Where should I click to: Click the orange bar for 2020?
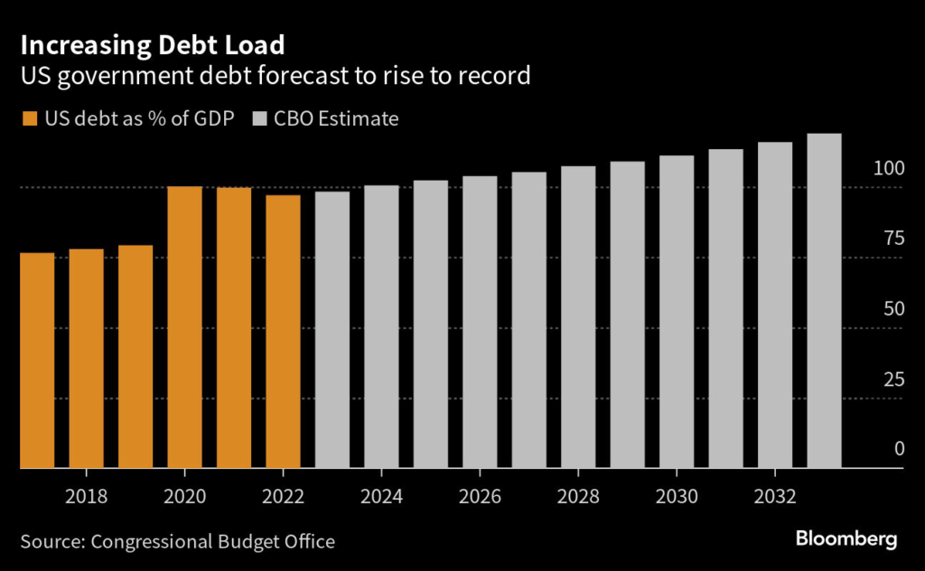tap(184, 327)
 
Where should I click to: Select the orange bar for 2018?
tap(86, 359)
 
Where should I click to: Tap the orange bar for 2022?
tap(283, 332)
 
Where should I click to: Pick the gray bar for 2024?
tap(381, 326)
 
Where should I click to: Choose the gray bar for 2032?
tap(774, 304)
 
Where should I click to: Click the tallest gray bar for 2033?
tap(824, 301)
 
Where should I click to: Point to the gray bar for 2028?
tap(578, 317)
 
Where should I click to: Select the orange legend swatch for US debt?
tap(30, 118)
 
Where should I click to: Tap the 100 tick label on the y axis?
tap(889, 169)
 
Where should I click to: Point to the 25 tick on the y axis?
tap(893, 379)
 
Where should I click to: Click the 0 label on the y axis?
tap(899, 449)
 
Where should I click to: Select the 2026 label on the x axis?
tap(480, 496)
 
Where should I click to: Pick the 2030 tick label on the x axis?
tap(677, 496)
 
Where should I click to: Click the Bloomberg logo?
tap(846, 539)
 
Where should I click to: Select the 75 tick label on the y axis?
tap(893, 239)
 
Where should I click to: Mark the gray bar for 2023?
tap(332, 330)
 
